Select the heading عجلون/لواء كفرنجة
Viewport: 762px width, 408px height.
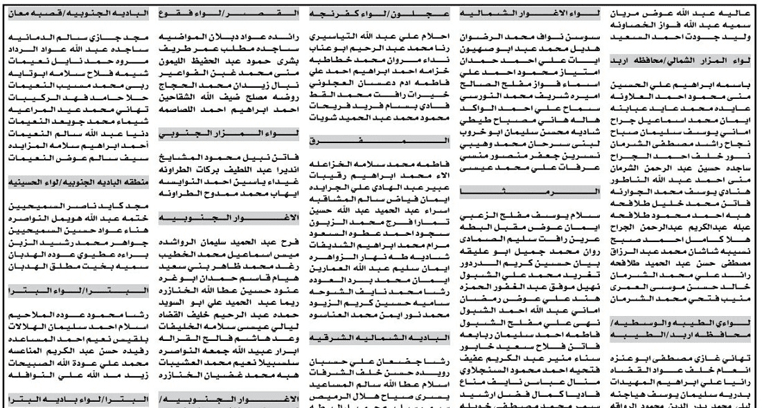point(373,12)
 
